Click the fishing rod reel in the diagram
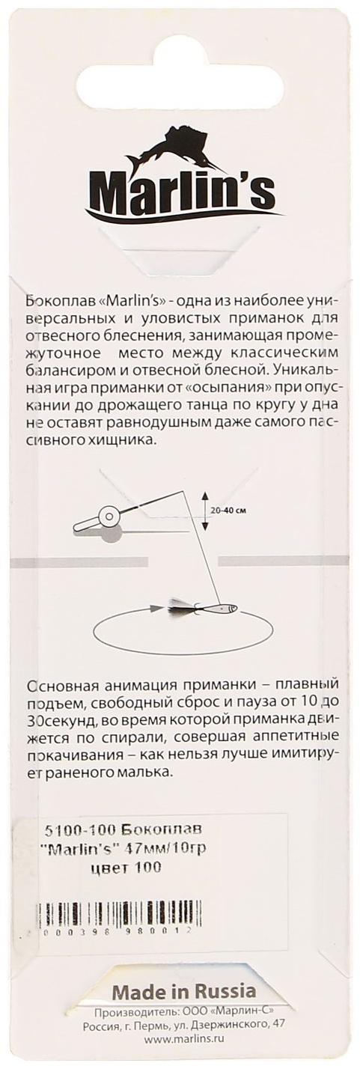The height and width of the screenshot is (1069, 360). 106,519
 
